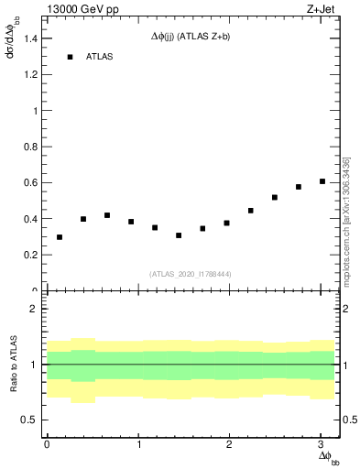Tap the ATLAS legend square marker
(70, 57)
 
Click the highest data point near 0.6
(322, 181)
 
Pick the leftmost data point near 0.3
(60, 237)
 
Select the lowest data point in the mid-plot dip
(179, 235)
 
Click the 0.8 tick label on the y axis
(29, 147)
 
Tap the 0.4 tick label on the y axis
(29, 219)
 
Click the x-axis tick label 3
(322, 444)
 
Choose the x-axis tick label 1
(138, 444)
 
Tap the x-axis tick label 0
(47, 444)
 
